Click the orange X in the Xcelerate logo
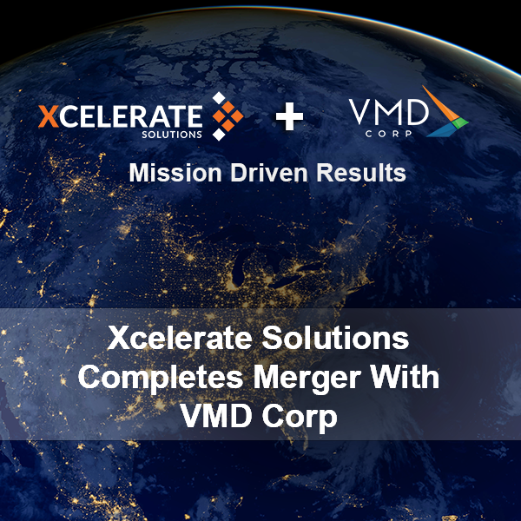coord(48,115)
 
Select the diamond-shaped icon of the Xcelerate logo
coord(228,116)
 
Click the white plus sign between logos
coord(289,116)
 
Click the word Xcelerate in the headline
coord(176,338)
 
